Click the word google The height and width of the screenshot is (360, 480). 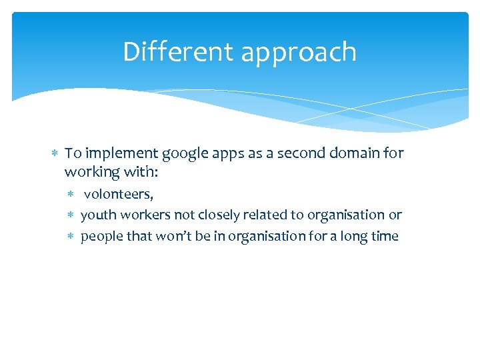[176, 154]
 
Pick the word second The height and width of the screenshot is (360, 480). [282, 153]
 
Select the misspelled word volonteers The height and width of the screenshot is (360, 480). [118, 194]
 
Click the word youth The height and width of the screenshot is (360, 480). [97, 215]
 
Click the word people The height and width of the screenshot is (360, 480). [100, 237]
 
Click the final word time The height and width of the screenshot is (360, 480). [385, 236]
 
